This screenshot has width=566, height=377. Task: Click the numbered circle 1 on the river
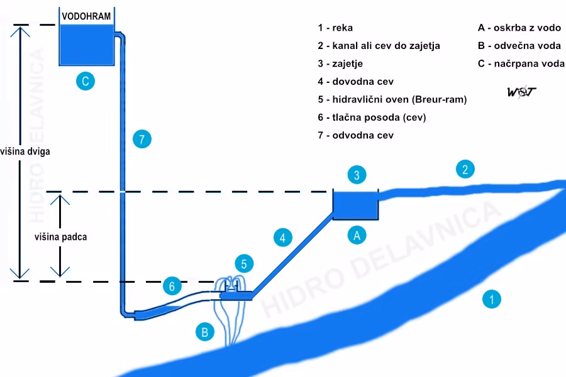pyautogui.click(x=491, y=299)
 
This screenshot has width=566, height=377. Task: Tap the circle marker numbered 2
pyautogui.click(x=465, y=169)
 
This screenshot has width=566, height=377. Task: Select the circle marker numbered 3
pyautogui.click(x=357, y=175)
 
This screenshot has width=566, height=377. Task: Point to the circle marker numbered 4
pyautogui.click(x=282, y=238)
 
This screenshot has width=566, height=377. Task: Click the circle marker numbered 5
pyautogui.click(x=244, y=264)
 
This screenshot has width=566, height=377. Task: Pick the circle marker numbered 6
pyautogui.click(x=172, y=286)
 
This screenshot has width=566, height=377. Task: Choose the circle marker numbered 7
pyautogui.click(x=142, y=139)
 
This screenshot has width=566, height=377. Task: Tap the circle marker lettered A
pyautogui.click(x=357, y=235)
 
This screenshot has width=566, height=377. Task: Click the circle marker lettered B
pyautogui.click(x=204, y=332)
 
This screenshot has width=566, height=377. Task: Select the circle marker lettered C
pyautogui.click(x=86, y=81)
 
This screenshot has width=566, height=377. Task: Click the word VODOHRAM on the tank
pyautogui.click(x=86, y=16)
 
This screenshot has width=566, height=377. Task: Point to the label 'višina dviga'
pyautogui.click(x=25, y=151)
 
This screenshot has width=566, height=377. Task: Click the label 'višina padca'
pyautogui.click(x=60, y=237)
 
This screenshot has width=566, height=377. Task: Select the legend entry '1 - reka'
pyautogui.click(x=335, y=28)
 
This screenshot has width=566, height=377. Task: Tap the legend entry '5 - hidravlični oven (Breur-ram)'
pyautogui.click(x=392, y=99)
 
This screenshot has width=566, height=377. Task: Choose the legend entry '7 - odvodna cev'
pyautogui.click(x=355, y=135)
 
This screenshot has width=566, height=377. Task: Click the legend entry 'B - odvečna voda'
pyautogui.click(x=519, y=45)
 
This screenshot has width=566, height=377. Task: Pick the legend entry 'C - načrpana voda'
pyautogui.click(x=521, y=63)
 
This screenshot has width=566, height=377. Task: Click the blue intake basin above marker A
pyautogui.click(x=355, y=205)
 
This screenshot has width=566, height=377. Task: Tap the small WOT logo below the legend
pyautogui.click(x=521, y=92)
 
